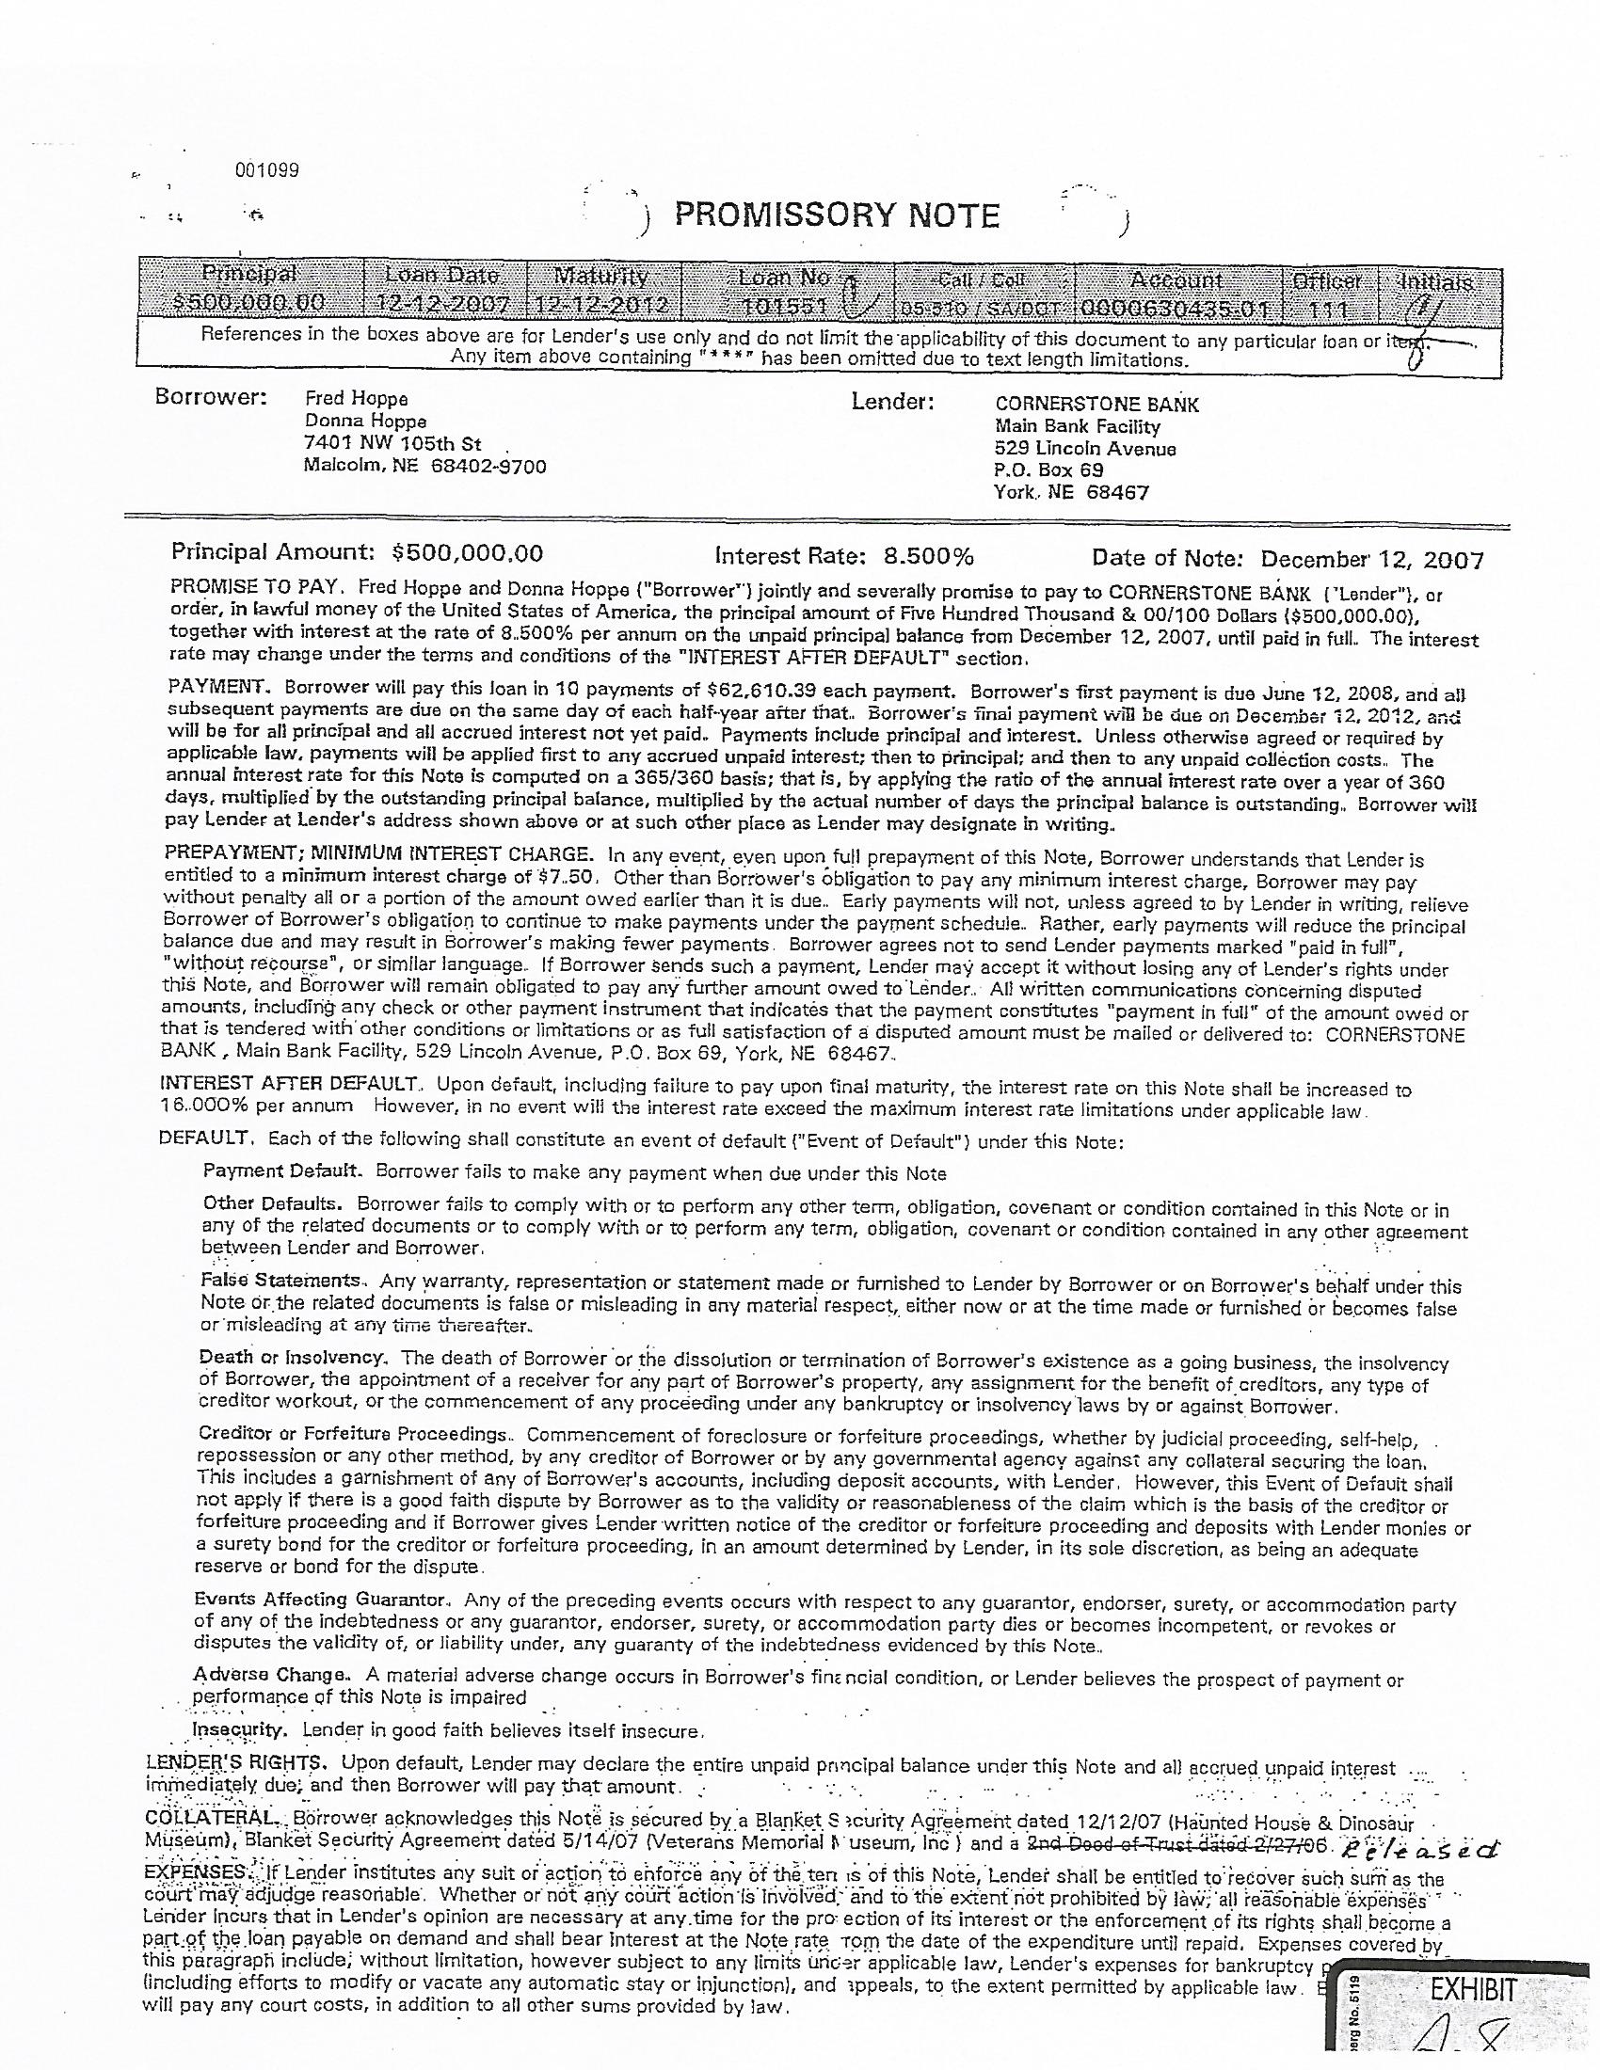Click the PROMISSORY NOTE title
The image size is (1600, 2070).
pyautogui.click(x=837, y=216)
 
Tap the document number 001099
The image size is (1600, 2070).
pyautogui.click(x=266, y=170)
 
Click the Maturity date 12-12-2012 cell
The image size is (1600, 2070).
pyautogui.click(x=601, y=306)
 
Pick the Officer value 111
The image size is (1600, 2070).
pyautogui.click(x=1324, y=308)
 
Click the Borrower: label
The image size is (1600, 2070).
pyautogui.click(x=211, y=398)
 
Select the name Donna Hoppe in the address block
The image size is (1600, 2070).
pyautogui.click(x=365, y=421)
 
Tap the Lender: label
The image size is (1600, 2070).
pyautogui.click(x=893, y=403)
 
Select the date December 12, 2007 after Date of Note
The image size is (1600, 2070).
pyautogui.click(x=1372, y=559)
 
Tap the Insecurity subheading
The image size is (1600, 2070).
pyautogui.click(x=239, y=1729)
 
